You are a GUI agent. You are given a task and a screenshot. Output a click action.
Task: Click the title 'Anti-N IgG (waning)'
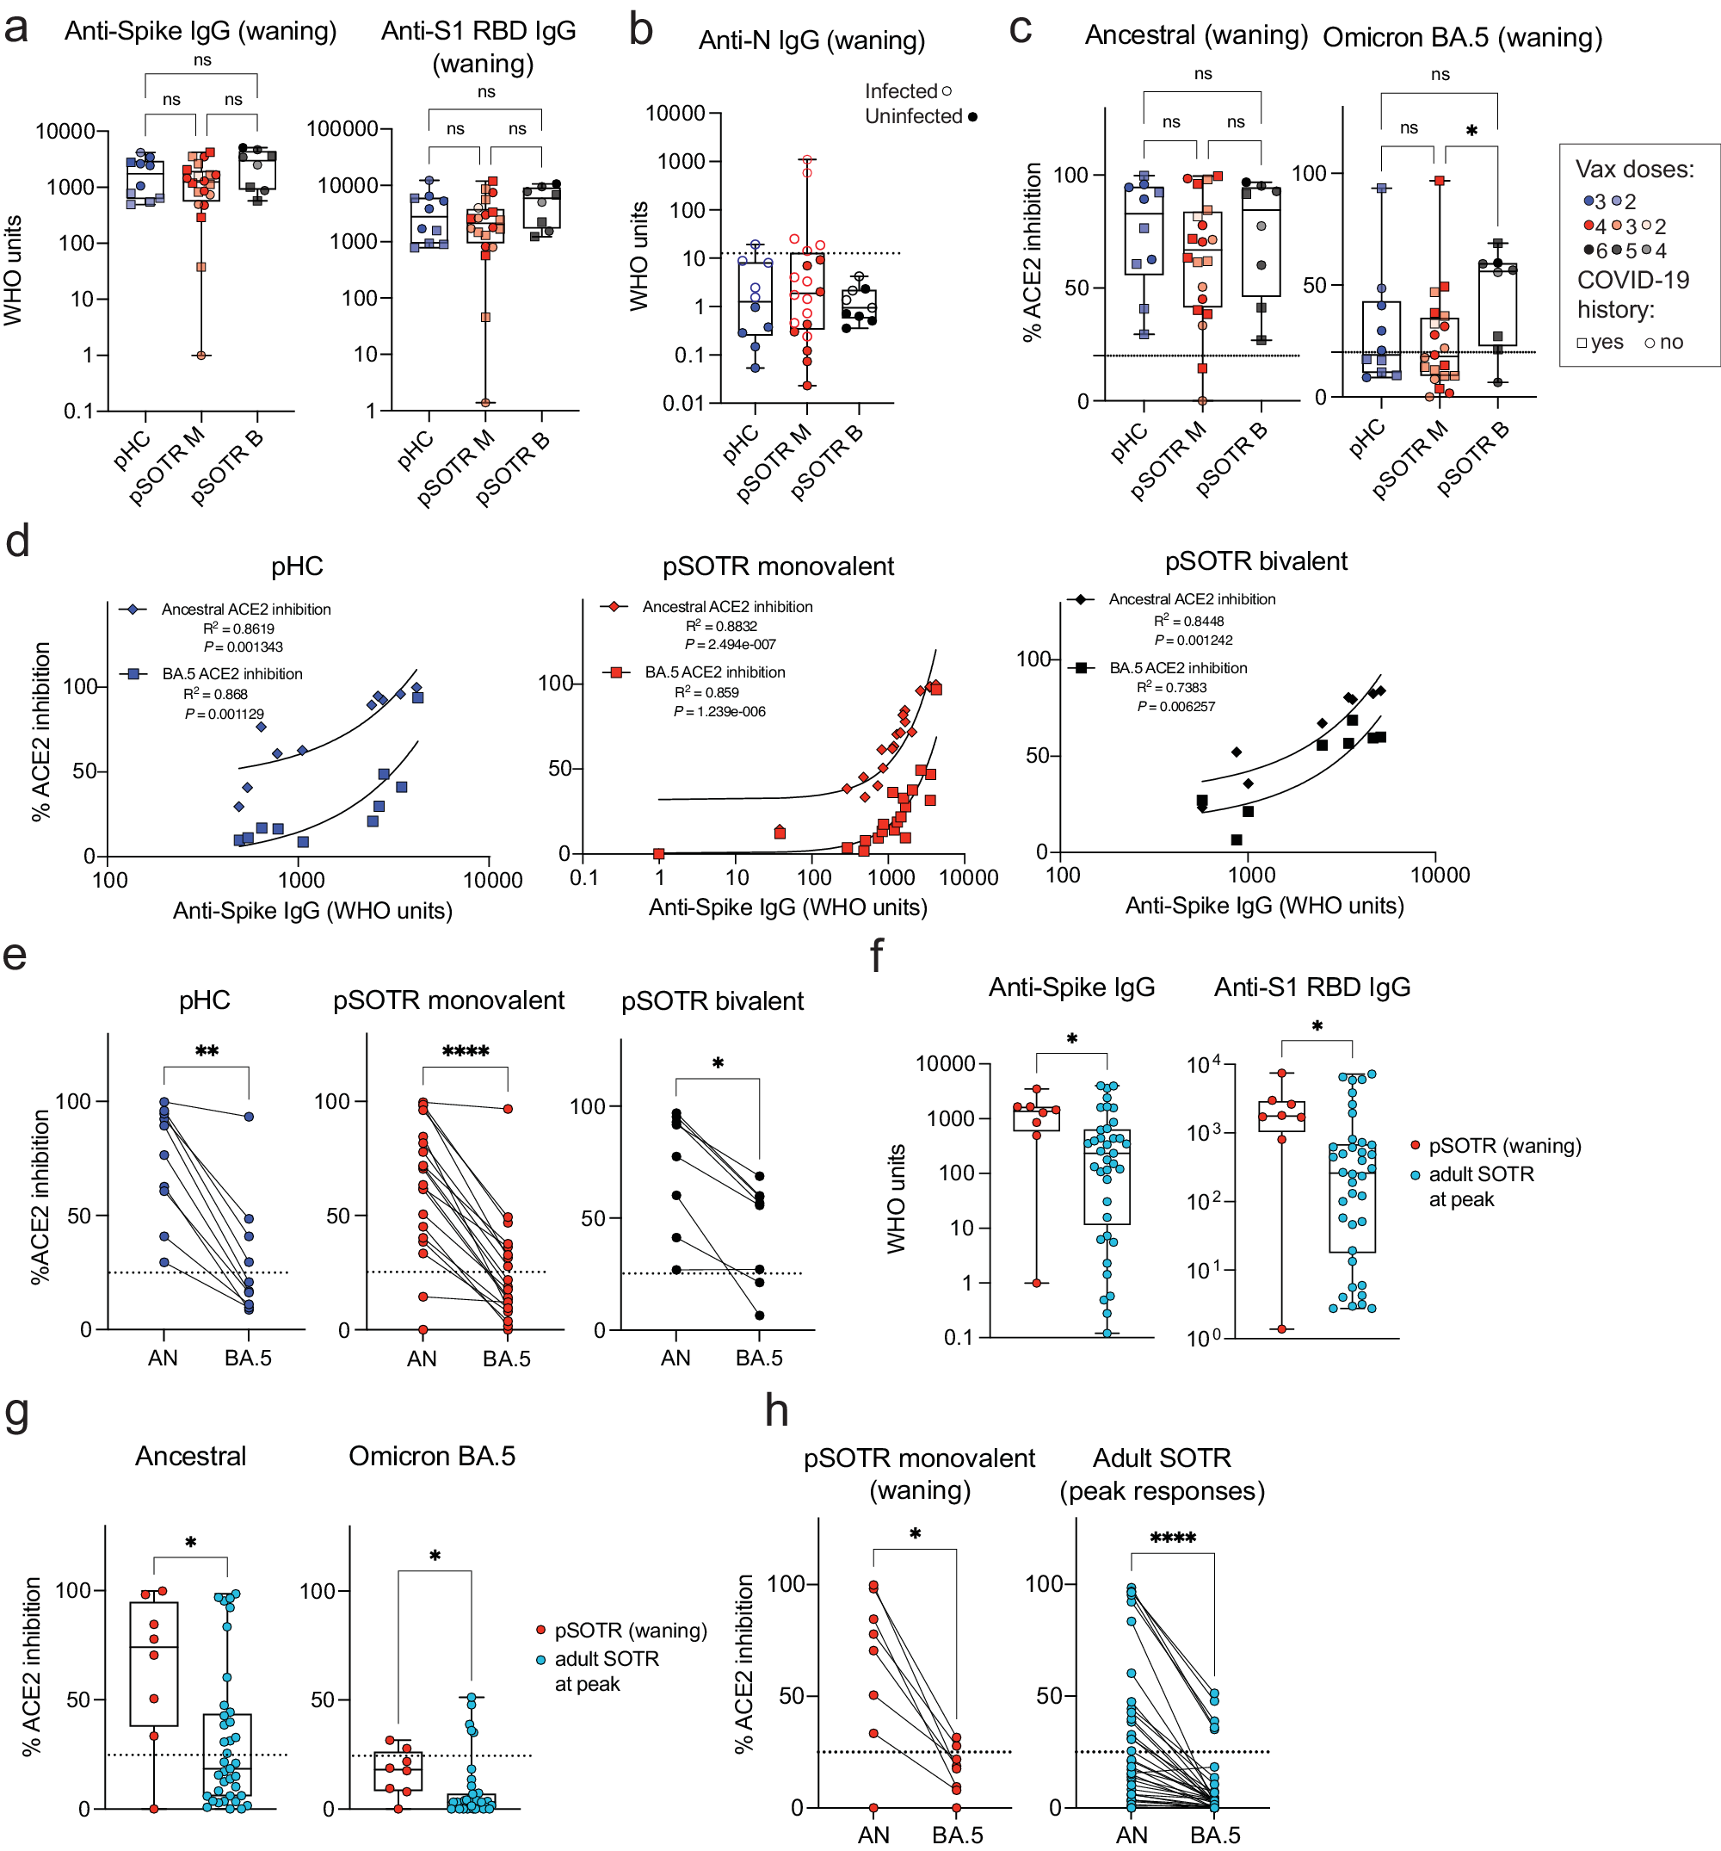tap(811, 40)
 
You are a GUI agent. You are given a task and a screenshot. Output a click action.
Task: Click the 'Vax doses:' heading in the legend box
tap(1633, 170)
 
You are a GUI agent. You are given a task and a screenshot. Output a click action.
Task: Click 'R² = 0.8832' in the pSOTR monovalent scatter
tap(721, 626)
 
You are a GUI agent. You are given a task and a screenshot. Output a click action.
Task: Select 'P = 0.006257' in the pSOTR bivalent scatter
tap(1175, 707)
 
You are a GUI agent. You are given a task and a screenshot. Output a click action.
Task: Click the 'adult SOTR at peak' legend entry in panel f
tap(1480, 1186)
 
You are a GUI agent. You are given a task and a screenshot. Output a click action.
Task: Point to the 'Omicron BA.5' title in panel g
tap(432, 1456)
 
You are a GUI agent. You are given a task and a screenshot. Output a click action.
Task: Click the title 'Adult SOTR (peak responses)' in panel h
tap(1161, 1474)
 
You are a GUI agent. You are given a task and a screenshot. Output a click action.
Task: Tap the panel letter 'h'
tap(776, 1412)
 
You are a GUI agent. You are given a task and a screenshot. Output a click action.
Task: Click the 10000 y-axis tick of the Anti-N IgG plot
tap(675, 114)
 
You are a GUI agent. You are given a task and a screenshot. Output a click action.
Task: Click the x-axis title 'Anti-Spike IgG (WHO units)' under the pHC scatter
tap(312, 911)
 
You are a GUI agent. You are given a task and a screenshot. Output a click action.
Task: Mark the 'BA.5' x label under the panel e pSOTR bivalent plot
tap(759, 1359)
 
